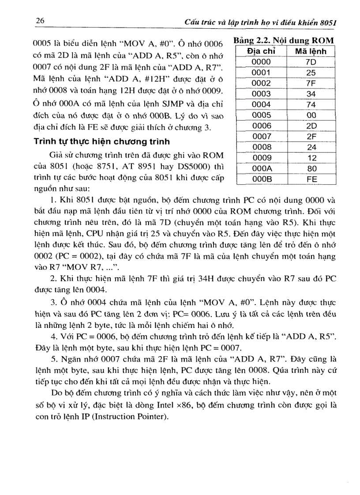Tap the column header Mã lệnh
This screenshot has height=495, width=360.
[x=311, y=52]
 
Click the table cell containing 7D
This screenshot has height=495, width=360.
[x=311, y=62]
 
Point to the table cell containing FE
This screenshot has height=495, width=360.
[x=311, y=179]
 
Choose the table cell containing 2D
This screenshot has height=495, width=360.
[x=311, y=126]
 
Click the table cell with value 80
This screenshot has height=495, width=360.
[x=311, y=168]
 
